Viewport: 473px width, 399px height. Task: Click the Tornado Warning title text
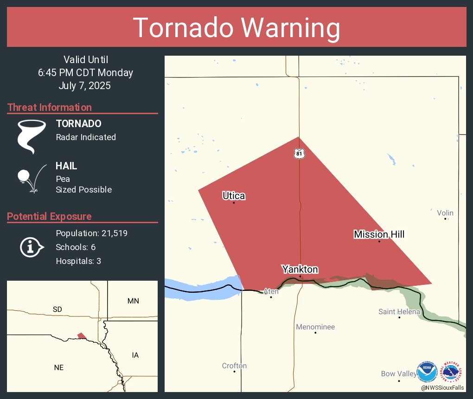(x=236, y=28)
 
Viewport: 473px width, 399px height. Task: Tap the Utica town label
(x=234, y=196)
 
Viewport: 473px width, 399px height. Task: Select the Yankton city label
(x=300, y=270)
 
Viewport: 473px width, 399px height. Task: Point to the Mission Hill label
(x=379, y=234)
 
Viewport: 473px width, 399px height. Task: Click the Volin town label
(x=445, y=213)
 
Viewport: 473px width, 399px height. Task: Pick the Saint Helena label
(x=399, y=312)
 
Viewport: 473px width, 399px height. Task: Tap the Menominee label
(x=315, y=327)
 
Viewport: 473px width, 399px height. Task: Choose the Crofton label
(x=234, y=366)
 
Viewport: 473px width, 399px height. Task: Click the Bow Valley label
(x=399, y=373)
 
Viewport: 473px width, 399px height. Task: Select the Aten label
(x=271, y=291)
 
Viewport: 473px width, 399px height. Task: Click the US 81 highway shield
(x=299, y=153)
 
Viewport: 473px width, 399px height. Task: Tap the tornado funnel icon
(x=32, y=136)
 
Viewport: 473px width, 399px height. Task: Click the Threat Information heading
(x=50, y=108)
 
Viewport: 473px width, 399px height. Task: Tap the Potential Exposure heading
(x=49, y=217)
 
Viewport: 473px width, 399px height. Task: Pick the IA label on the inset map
(x=135, y=355)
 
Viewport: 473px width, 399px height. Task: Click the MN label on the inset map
(x=133, y=301)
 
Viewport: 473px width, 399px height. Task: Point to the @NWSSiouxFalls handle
(x=442, y=387)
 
